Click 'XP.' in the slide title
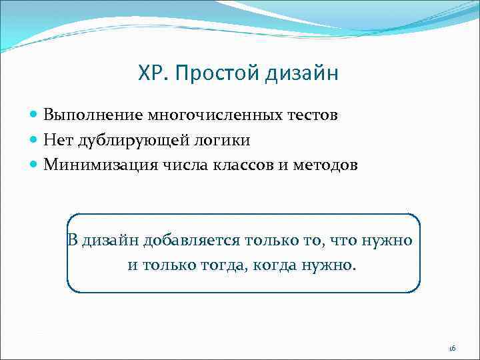point(152,73)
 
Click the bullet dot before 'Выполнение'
point(35,115)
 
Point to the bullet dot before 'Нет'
point(35,140)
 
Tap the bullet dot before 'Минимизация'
point(35,165)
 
